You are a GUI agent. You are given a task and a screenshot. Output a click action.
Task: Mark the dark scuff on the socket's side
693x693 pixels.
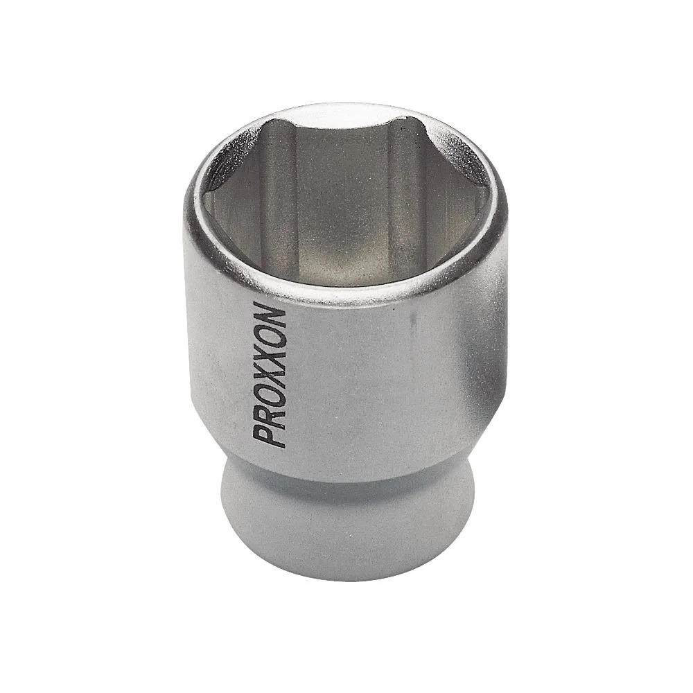coord(413,326)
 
